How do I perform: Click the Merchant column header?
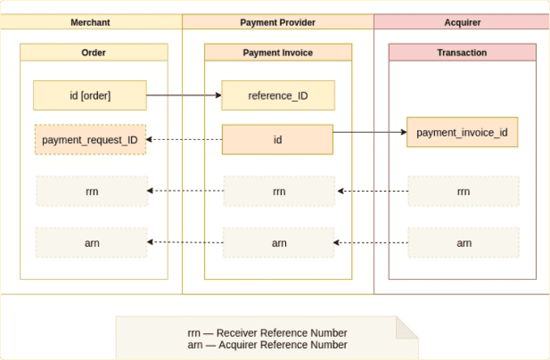90,22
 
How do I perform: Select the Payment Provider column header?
278,22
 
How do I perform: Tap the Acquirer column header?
462,22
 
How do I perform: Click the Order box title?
94,53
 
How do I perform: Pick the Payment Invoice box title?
278,53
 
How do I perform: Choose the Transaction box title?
462,53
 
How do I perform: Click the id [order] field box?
90,95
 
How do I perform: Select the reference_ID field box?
278,95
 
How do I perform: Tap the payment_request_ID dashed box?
90,140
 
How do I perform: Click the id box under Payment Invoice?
277,140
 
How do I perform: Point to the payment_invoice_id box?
462,132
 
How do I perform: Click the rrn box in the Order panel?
91,191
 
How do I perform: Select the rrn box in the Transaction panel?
463,191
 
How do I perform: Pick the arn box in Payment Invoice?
279,243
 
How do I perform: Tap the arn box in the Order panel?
91,243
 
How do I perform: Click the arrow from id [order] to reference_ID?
184,95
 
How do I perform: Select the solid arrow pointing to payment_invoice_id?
369,132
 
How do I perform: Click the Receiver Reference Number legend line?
267,333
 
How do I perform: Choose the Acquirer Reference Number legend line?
267,344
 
